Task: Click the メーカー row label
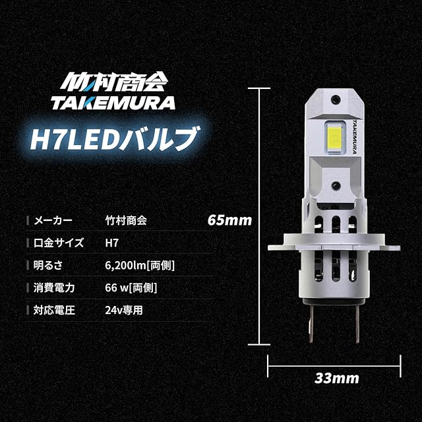51,220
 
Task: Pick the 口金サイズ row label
60,243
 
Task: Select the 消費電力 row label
51,287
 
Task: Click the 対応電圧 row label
51,309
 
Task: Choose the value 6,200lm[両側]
140,265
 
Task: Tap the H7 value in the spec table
111,243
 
